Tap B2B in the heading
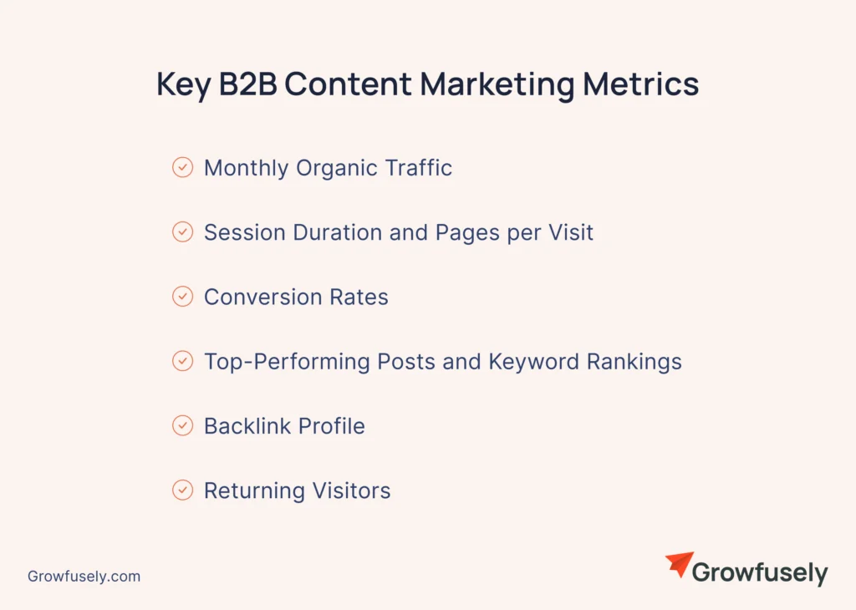pyautogui.click(x=248, y=85)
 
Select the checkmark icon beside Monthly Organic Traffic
pyautogui.click(x=182, y=168)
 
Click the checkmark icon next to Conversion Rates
pyautogui.click(x=182, y=297)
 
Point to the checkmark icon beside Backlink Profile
pyautogui.click(x=182, y=426)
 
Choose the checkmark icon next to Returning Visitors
pyautogui.click(x=182, y=491)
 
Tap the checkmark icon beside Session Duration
pyautogui.click(x=182, y=232)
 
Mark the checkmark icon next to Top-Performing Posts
pyautogui.click(x=182, y=362)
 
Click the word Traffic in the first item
pyautogui.click(x=418, y=168)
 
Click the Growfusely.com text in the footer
pyautogui.click(x=84, y=577)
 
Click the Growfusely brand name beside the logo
pyautogui.click(x=760, y=573)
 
